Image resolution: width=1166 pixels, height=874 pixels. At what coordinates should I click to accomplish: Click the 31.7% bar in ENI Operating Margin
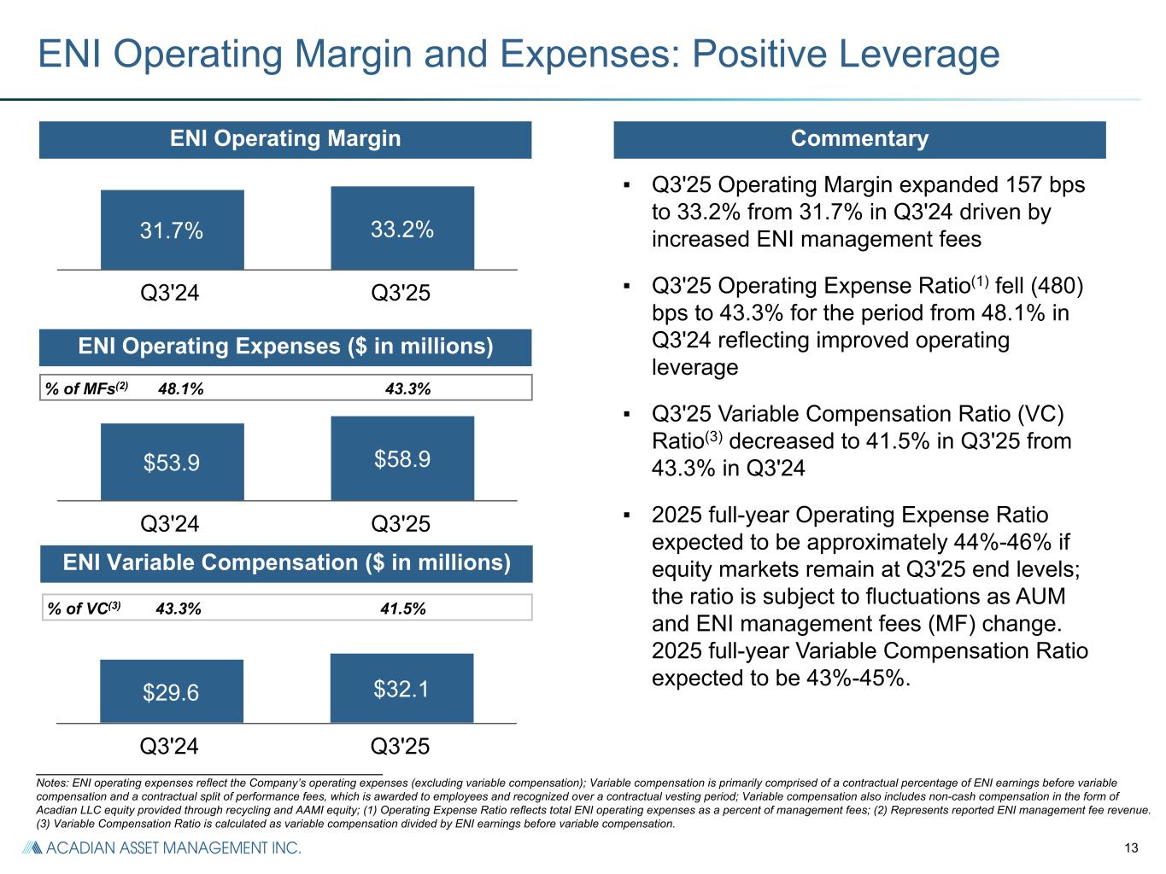172,230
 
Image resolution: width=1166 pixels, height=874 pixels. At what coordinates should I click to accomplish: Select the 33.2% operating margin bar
402,228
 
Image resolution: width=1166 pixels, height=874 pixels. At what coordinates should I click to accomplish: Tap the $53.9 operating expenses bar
172,462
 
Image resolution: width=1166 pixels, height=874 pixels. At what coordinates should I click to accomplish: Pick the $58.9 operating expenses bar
402,458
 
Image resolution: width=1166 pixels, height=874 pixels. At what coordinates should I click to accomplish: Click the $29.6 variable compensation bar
171,691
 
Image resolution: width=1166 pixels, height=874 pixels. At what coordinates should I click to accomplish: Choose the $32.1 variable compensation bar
401,688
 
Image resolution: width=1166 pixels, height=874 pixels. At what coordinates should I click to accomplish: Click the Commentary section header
859,139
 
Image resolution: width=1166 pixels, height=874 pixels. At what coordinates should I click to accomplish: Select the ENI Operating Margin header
284,139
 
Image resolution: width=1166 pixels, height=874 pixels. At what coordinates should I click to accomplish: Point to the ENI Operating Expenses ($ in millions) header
285,347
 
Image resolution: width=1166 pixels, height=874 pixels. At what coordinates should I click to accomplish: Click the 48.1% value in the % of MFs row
181,389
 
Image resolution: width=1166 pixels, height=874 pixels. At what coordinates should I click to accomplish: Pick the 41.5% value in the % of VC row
403,609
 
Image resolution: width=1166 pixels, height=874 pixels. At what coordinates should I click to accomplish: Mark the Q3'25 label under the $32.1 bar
401,746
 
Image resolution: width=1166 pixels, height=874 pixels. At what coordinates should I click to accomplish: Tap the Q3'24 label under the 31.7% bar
170,293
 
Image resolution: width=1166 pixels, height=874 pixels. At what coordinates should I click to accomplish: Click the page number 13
1133,848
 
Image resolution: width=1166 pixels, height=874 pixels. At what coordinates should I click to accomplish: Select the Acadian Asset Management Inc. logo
161,848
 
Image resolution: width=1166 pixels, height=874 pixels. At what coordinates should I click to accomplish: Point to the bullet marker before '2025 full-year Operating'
628,516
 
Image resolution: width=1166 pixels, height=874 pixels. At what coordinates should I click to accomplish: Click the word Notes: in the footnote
53,782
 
